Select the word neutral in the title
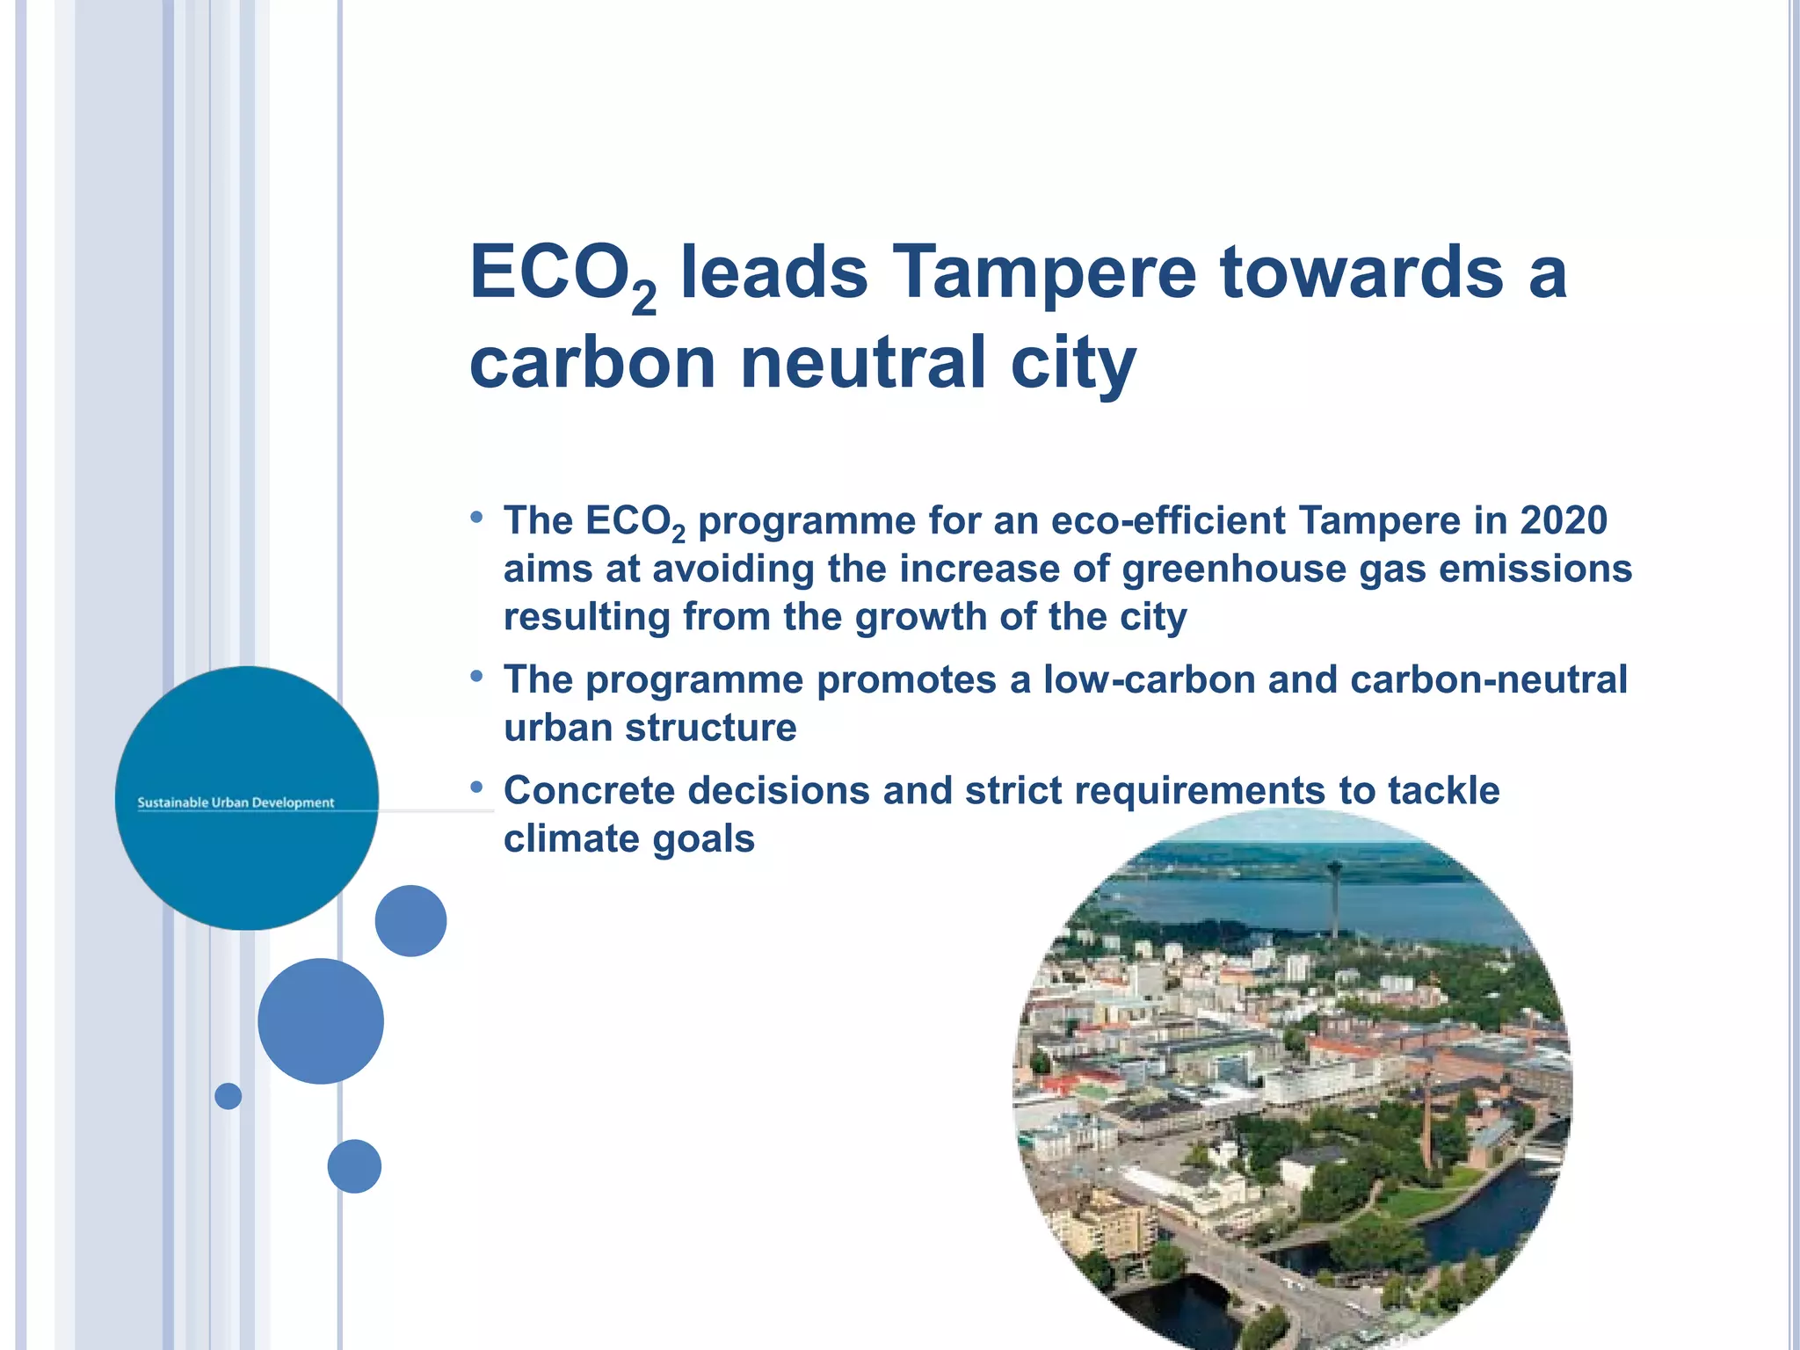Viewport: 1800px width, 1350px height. click(863, 363)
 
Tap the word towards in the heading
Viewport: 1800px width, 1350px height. click(1361, 272)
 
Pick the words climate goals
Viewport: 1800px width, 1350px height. click(629, 839)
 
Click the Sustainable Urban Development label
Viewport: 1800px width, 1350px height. click(236, 802)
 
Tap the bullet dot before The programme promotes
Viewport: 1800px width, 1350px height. click(477, 677)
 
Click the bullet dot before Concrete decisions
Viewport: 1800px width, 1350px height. click(477, 787)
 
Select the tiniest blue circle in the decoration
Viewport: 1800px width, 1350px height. click(229, 1096)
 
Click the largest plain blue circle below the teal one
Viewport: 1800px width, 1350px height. click(321, 1021)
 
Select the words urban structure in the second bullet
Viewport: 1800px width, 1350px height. click(650, 729)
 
